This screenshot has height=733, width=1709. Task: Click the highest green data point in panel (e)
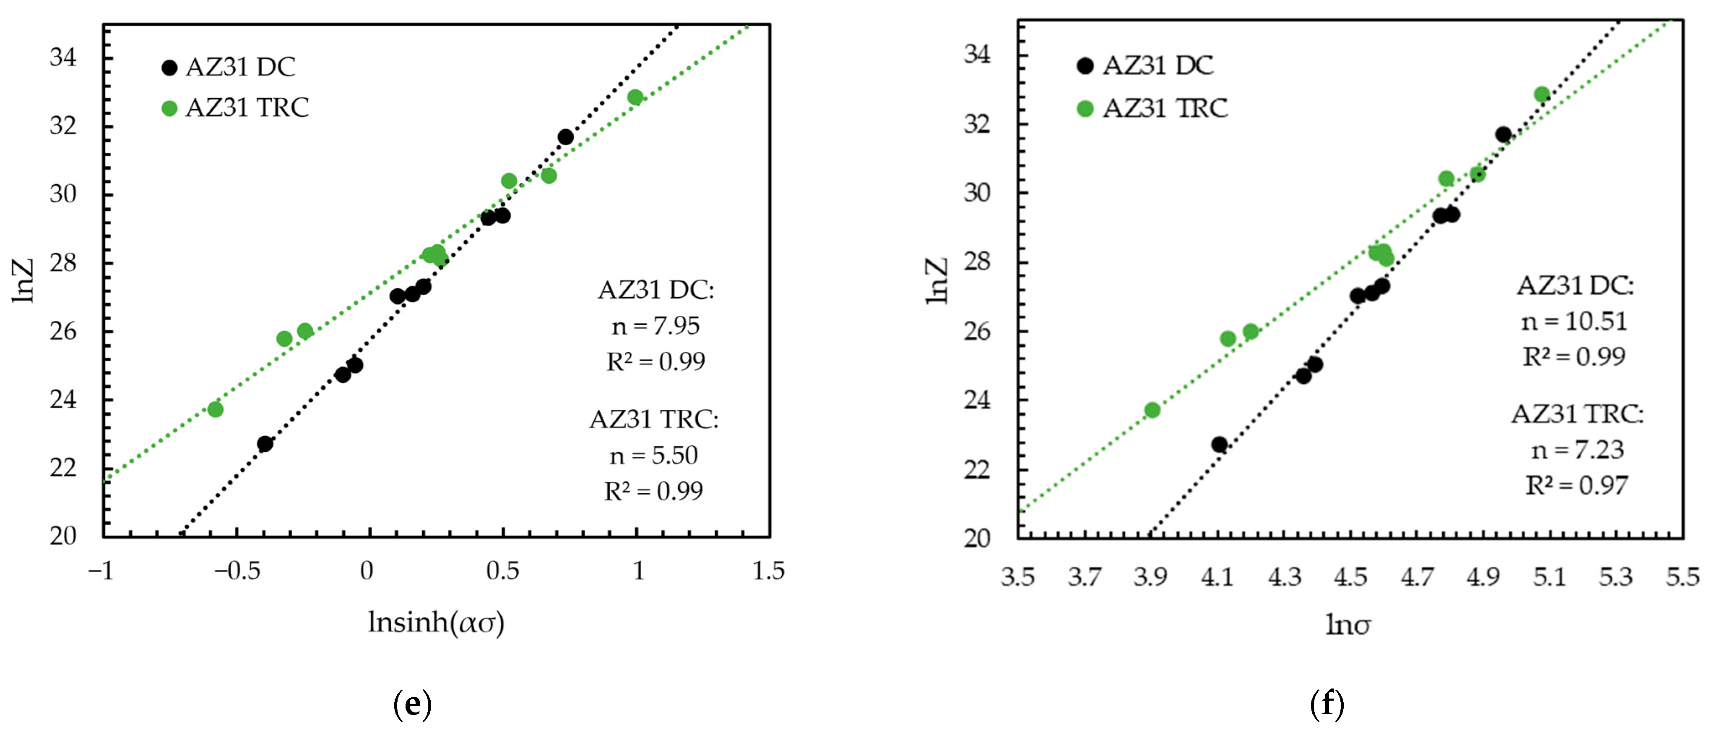coord(635,97)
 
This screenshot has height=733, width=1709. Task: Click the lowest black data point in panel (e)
coord(265,443)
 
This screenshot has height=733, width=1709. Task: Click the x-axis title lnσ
coord(1348,624)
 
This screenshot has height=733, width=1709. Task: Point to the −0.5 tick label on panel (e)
coord(237,571)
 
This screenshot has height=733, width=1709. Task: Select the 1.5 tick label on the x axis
coord(768,571)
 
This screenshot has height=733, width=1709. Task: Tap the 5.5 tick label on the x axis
coord(1683,576)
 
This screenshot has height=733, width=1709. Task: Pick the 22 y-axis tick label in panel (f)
coord(977,469)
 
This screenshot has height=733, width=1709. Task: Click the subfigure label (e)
coord(412,704)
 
